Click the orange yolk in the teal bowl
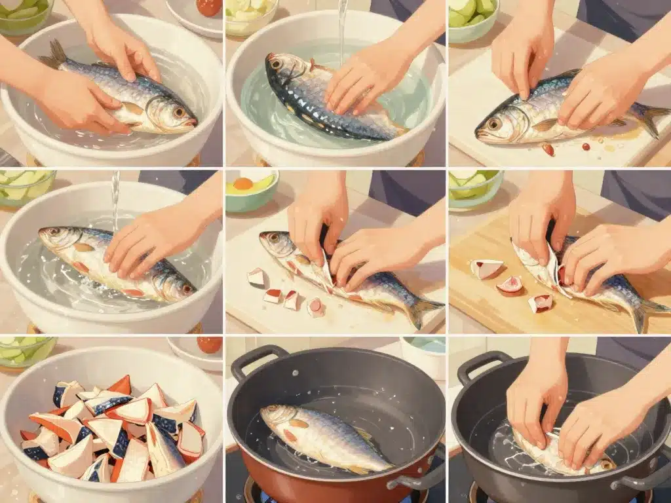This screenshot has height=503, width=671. [x=243, y=184]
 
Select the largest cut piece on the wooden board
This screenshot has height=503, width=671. [x=486, y=268]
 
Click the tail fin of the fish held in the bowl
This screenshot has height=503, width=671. [x=55, y=55]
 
